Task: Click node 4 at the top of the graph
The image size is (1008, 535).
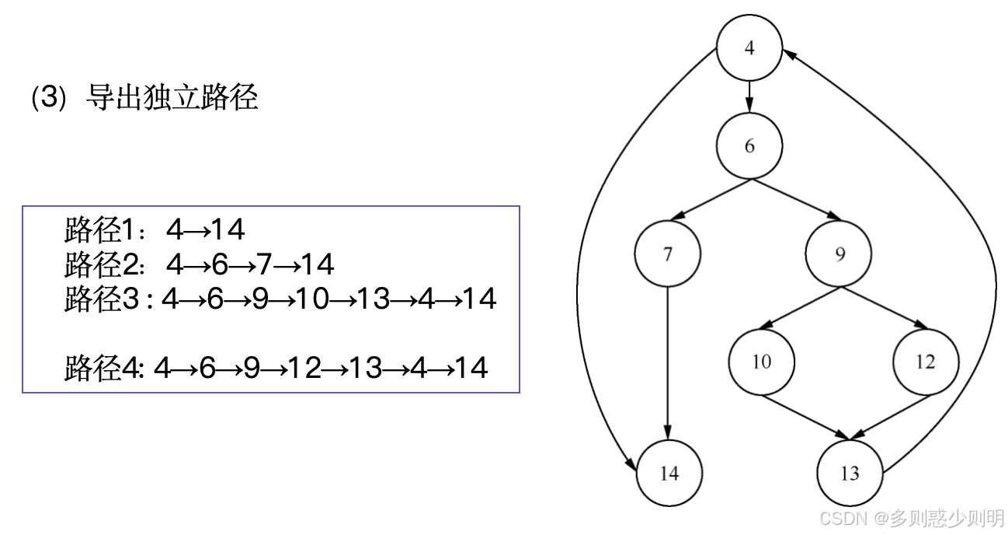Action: pyautogui.click(x=749, y=48)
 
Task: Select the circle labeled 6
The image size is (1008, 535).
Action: pyautogui.click(x=749, y=146)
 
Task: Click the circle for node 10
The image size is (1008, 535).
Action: pyautogui.click(x=762, y=362)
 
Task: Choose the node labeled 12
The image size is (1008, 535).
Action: pyautogui.click(x=925, y=362)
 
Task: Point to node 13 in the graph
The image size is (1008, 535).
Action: pyautogui.click(x=850, y=473)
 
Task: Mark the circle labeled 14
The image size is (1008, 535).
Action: pyautogui.click(x=669, y=473)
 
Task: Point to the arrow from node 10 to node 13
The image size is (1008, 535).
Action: pyautogui.click(x=805, y=418)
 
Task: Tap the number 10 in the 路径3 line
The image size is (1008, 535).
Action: pyautogui.click(x=309, y=299)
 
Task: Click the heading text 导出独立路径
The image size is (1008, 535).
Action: pyautogui.click(x=170, y=100)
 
